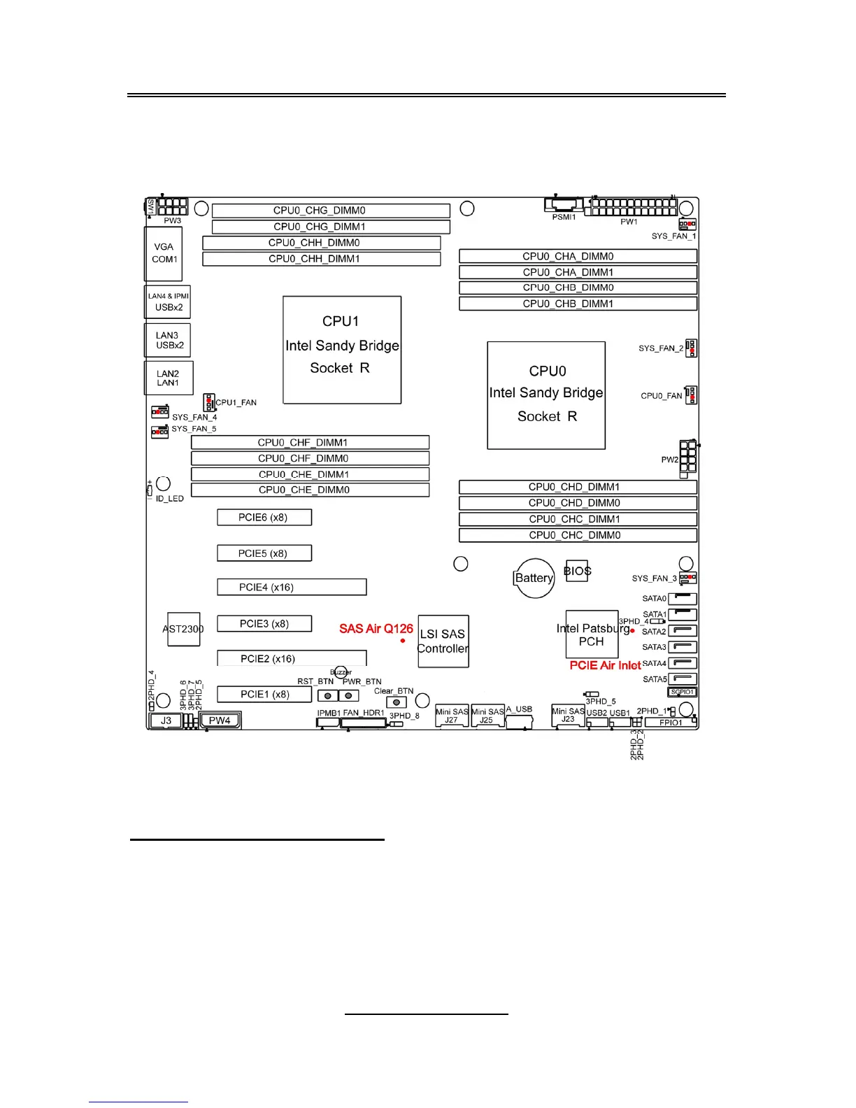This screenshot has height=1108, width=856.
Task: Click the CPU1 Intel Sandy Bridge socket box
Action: (342, 350)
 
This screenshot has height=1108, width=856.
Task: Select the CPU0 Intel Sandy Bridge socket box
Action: (546, 395)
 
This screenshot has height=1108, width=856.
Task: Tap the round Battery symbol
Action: (534, 578)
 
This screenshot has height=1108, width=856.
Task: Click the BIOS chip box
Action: (578, 571)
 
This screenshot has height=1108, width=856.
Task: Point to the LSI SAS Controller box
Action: (443, 641)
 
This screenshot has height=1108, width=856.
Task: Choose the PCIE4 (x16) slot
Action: (292, 587)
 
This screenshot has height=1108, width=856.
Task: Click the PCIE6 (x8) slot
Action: (264, 518)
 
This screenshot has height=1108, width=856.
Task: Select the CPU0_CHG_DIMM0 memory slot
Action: (331, 211)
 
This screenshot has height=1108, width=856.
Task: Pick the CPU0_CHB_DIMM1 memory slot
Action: (578, 304)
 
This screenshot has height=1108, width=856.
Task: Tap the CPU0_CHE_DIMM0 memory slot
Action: (310, 490)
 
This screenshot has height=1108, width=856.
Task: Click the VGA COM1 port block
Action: (165, 253)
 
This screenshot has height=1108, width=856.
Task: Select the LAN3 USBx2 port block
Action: (168, 340)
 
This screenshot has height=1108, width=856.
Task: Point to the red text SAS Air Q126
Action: (376, 629)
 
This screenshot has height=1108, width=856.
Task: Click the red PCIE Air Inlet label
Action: (605, 665)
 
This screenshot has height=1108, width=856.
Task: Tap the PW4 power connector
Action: (220, 720)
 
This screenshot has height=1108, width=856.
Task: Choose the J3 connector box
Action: (166, 720)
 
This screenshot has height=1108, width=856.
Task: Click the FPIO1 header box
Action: (671, 723)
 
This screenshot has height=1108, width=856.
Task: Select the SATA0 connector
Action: (683, 599)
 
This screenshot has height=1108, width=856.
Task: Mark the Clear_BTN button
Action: (397, 702)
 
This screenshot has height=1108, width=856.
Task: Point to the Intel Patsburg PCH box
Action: (592, 634)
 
